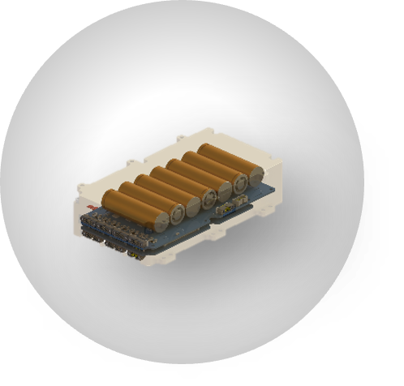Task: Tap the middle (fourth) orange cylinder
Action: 183,182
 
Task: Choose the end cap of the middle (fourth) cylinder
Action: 209,197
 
